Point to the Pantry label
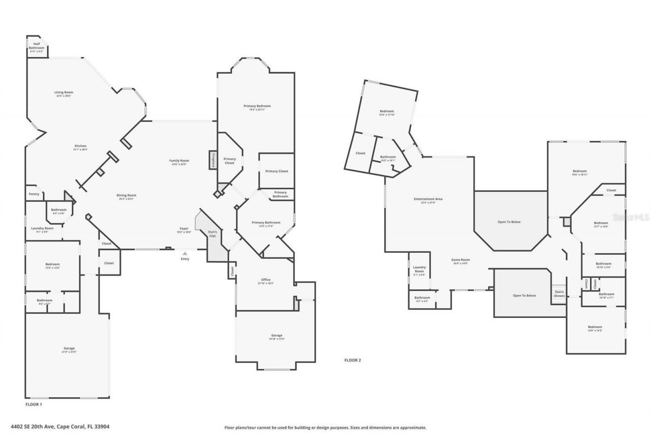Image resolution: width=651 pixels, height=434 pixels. (x=34, y=194)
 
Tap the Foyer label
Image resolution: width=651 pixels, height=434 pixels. (x=184, y=229)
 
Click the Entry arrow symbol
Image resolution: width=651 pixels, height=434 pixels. (x=185, y=253)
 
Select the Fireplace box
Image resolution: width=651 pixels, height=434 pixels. (x=213, y=160)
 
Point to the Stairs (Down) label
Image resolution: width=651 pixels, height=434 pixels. (x=559, y=294)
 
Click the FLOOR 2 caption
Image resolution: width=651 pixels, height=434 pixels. (x=352, y=360)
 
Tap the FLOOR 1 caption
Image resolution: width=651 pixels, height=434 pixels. (x=34, y=404)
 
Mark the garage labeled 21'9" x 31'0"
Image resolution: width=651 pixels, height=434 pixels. (x=68, y=350)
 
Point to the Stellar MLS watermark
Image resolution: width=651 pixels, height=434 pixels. (x=631, y=217)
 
